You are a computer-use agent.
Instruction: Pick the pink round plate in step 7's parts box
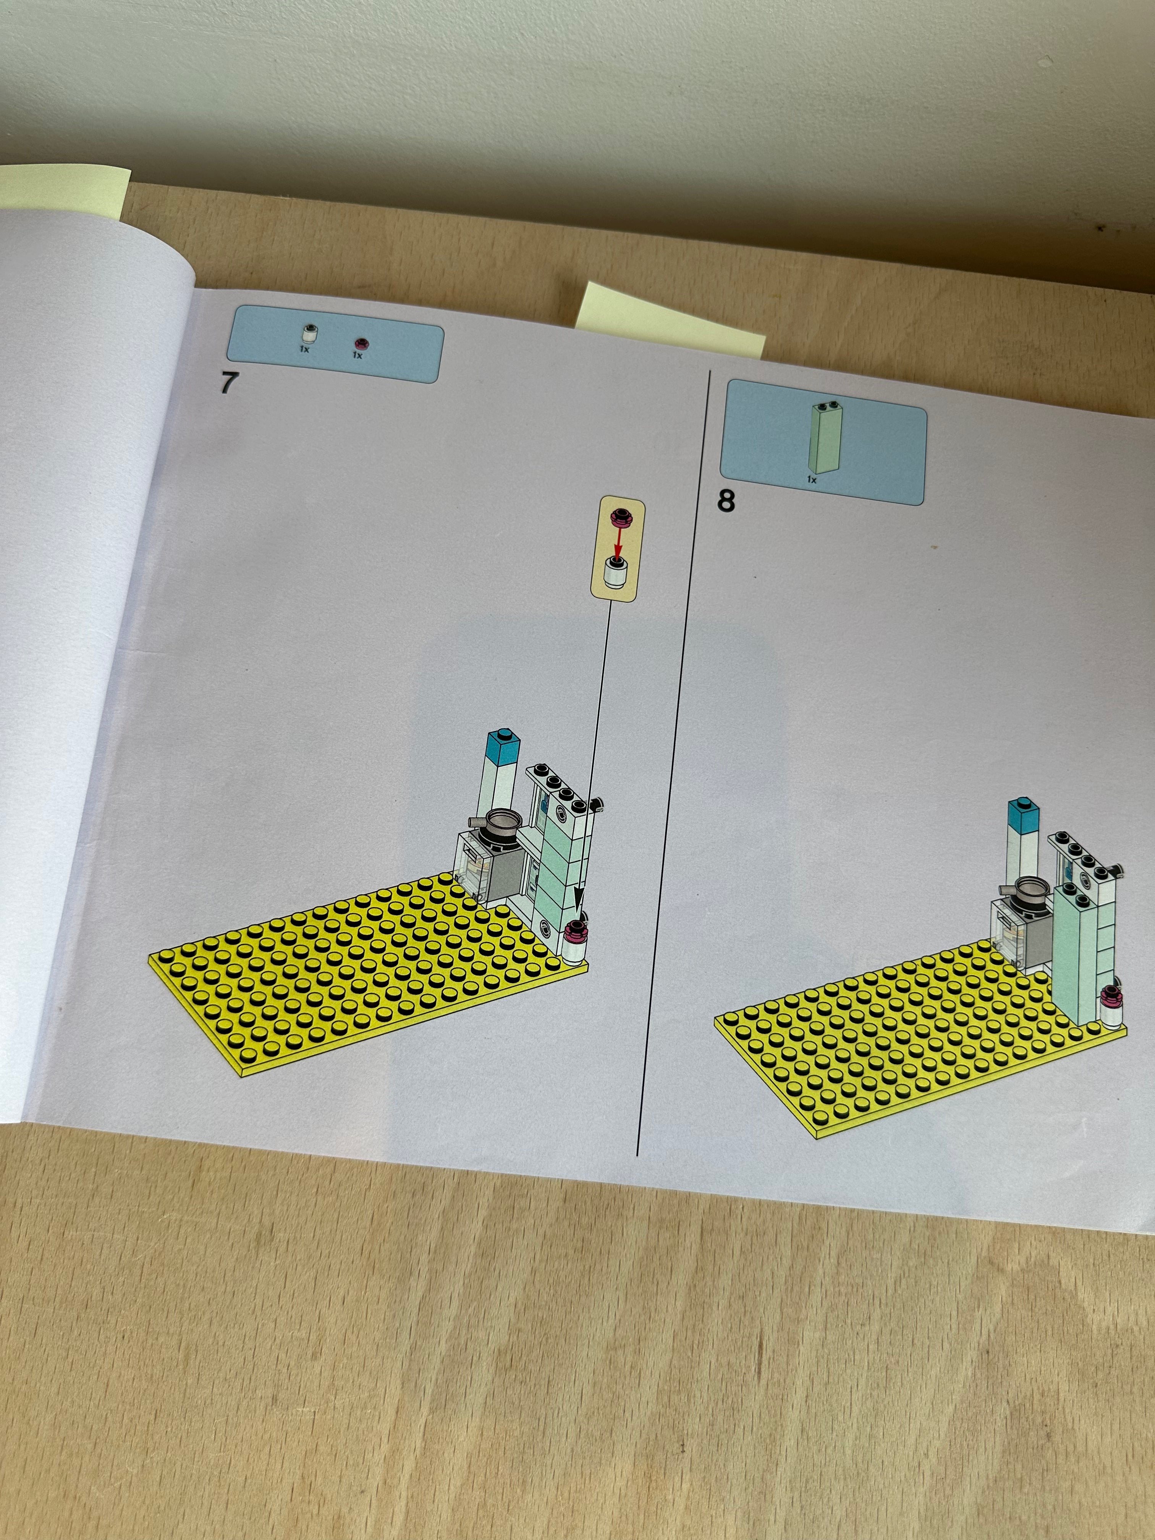360,343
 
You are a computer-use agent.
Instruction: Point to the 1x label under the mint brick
812,480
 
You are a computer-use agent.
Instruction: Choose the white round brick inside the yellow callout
615,576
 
